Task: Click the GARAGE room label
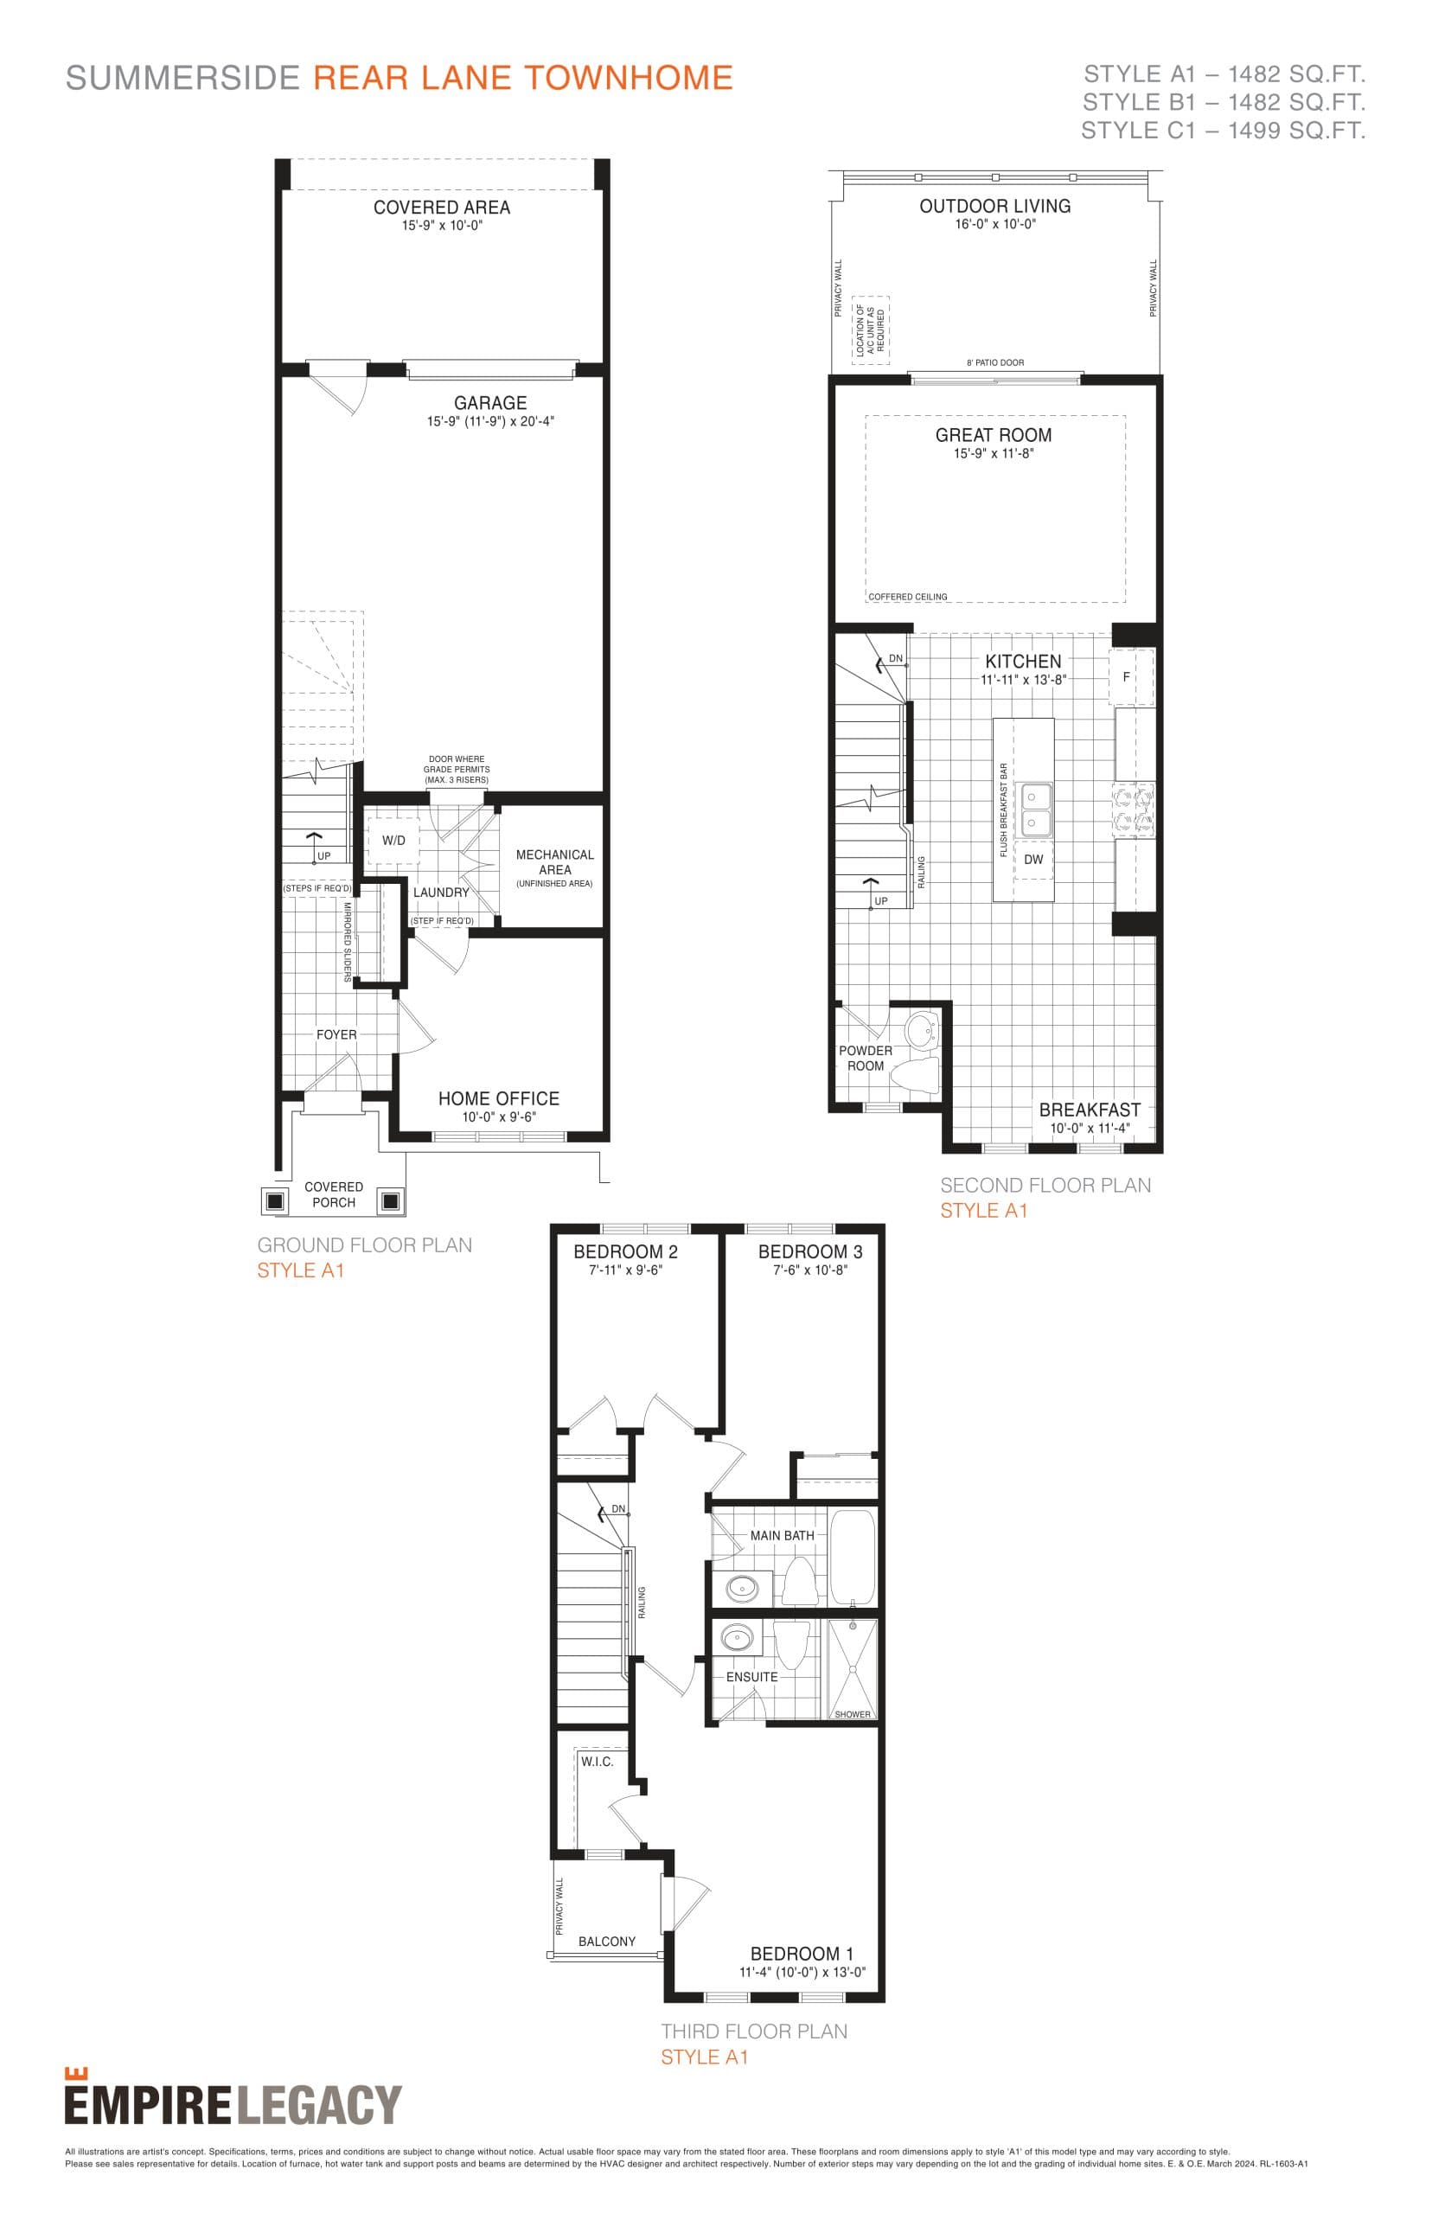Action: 490,403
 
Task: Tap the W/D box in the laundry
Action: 393,840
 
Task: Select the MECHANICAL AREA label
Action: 554,861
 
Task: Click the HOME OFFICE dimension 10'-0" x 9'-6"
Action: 498,1117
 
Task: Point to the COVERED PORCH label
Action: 334,1194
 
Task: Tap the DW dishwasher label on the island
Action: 1033,859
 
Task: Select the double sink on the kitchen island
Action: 1036,809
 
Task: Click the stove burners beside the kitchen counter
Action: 1135,809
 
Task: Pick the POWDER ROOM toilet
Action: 915,1072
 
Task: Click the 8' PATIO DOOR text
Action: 995,362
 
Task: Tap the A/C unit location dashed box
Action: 871,330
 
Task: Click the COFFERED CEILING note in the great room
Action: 908,597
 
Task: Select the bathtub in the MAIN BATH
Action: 852,1558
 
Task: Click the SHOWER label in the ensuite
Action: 852,1714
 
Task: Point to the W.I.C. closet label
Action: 597,1761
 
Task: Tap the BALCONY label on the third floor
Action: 606,1942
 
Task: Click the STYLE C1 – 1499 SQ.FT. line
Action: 1222,131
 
